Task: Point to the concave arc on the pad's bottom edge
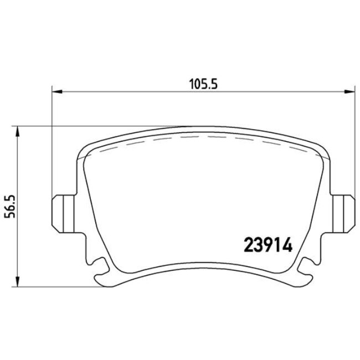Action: coord(202,271)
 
